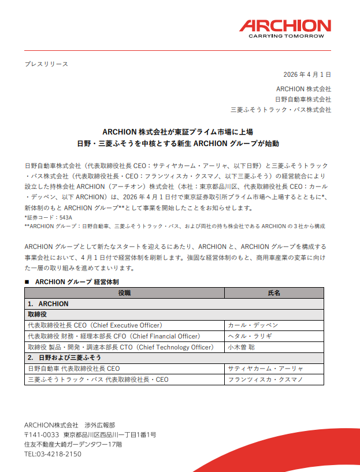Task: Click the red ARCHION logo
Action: point(285,26)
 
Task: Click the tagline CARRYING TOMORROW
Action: point(285,36)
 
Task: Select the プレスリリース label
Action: point(46,64)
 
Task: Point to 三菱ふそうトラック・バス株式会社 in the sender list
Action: point(281,110)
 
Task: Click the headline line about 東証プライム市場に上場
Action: point(177,132)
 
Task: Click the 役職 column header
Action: point(124,293)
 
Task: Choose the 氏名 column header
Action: point(274,293)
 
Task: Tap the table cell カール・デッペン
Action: point(253,325)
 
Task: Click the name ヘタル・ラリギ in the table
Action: point(250,336)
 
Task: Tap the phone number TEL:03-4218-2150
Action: point(53,454)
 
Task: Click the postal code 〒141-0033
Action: point(42,434)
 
